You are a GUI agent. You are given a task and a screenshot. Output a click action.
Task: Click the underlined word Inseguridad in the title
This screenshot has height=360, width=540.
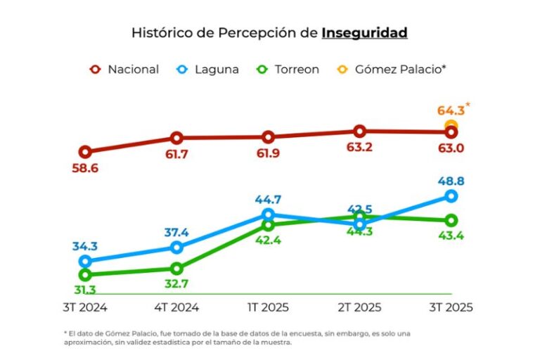point(364,33)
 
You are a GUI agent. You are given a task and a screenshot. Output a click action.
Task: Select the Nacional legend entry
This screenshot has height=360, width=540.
point(124,70)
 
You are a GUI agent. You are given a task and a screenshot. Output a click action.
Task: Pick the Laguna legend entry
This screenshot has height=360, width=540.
point(207,70)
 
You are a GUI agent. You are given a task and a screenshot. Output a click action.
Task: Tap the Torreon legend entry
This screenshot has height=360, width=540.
point(288,70)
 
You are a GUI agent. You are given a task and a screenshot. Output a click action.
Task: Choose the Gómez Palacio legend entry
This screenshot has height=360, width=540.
point(392,70)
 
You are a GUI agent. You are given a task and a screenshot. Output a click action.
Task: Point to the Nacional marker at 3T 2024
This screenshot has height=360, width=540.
point(85,152)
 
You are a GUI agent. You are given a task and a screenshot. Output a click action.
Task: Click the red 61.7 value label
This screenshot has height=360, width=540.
point(176,154)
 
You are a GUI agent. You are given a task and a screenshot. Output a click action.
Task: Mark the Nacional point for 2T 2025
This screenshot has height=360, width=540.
point(359,131)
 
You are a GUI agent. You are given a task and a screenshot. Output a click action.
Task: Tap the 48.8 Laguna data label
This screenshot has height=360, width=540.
point(451,181)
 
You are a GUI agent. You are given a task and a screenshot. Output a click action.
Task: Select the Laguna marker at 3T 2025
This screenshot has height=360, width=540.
point(451,196)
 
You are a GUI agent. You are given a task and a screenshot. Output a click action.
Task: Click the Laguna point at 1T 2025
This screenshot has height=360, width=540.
point(268,215)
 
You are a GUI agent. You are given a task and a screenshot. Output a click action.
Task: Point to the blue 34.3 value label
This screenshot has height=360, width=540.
point(85,246)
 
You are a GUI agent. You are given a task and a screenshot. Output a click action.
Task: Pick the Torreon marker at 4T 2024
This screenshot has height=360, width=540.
point(176,269)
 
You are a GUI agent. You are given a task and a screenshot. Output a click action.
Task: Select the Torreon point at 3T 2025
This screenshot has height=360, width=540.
point(451,221)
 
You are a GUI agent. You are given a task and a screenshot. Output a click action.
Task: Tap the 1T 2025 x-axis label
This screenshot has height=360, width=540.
point(268,308)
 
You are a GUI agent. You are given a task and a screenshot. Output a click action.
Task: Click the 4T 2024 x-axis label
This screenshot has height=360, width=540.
point(176,308)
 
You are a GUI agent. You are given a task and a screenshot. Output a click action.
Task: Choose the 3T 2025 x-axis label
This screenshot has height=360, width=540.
point(451,308)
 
